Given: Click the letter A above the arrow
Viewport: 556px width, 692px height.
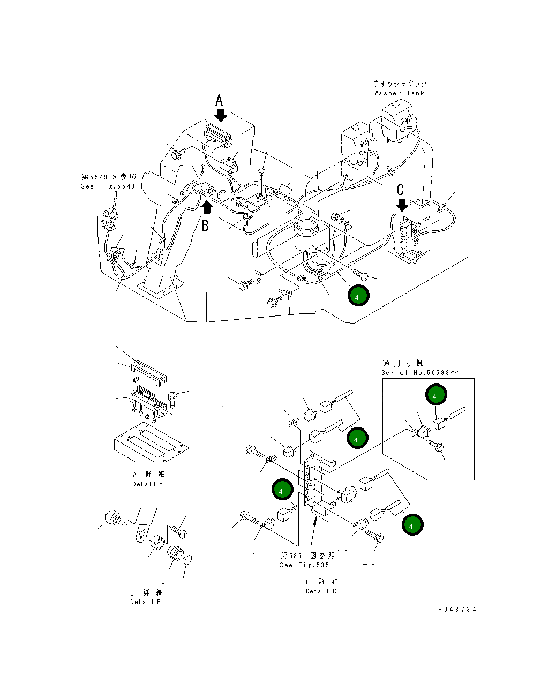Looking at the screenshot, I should (219, 100).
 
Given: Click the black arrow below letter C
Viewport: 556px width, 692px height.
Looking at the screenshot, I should (402, 205).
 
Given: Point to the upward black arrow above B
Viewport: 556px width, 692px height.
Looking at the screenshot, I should (206, 207).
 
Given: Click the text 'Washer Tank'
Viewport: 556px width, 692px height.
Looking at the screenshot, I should (399, 93).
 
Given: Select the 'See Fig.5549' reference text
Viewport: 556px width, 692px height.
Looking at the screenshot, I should (108, 186).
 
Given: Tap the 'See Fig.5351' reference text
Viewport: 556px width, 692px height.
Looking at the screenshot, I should (306, 565).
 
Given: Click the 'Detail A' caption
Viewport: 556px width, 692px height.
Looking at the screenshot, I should (147, 484).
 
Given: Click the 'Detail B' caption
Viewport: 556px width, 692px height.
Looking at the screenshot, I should (145, 602).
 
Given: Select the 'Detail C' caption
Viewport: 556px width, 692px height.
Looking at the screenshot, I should (321, 591).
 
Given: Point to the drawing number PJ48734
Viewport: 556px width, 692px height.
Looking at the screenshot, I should (457, 610).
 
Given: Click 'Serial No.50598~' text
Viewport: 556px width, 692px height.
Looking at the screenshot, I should (420, 373).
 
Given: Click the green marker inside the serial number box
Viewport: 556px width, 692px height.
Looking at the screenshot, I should (435, 396).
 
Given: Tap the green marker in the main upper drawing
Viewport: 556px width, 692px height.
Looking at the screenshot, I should (358, 296).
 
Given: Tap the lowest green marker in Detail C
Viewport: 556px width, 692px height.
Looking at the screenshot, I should (412, 525).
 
